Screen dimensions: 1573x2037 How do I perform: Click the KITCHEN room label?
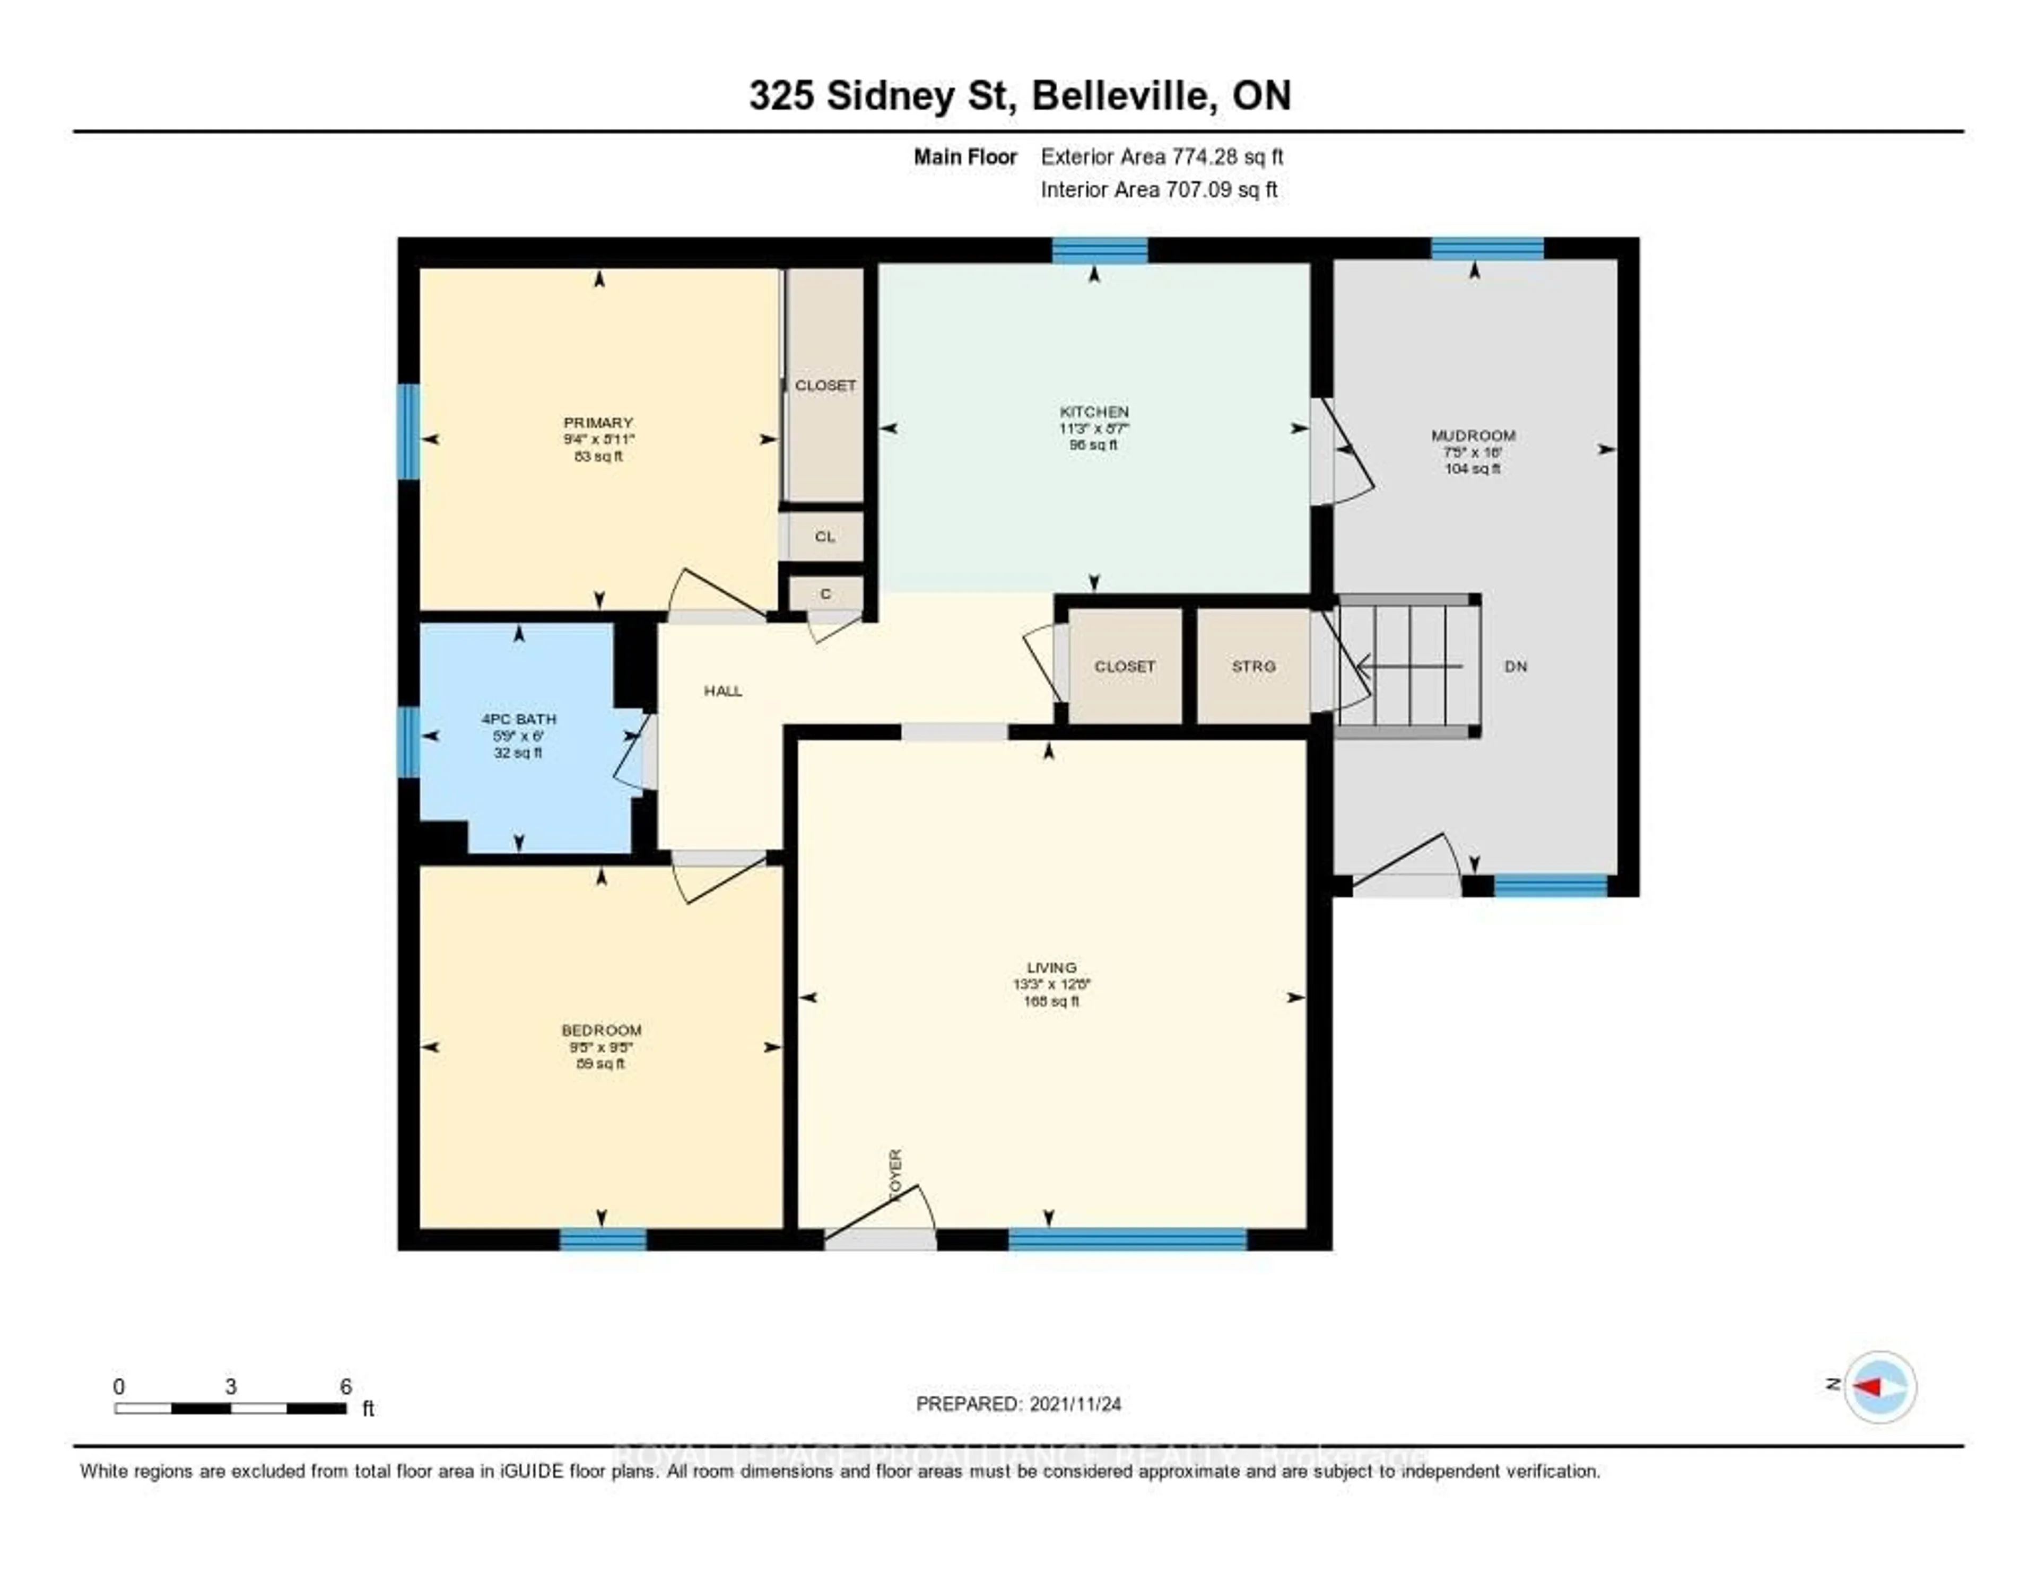pyautogui.click(x=1093, y=411)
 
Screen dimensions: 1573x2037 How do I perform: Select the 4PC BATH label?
pyautogui.click(x=519, y=719)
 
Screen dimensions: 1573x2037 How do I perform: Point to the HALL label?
pyautogui.click(x=723, y=691)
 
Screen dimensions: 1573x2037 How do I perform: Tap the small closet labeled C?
pyautogui.click(x=825, y=594)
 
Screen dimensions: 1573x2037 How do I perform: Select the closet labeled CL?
pyautogui.click(x=824, y=537)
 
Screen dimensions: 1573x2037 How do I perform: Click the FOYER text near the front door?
pyautogui.click(x=895, y=1174)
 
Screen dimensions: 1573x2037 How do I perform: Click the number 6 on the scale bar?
pyautogui.click(x=345, y=1386)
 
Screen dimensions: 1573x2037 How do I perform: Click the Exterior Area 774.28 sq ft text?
pyautogui.click(x=1161, y=156)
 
